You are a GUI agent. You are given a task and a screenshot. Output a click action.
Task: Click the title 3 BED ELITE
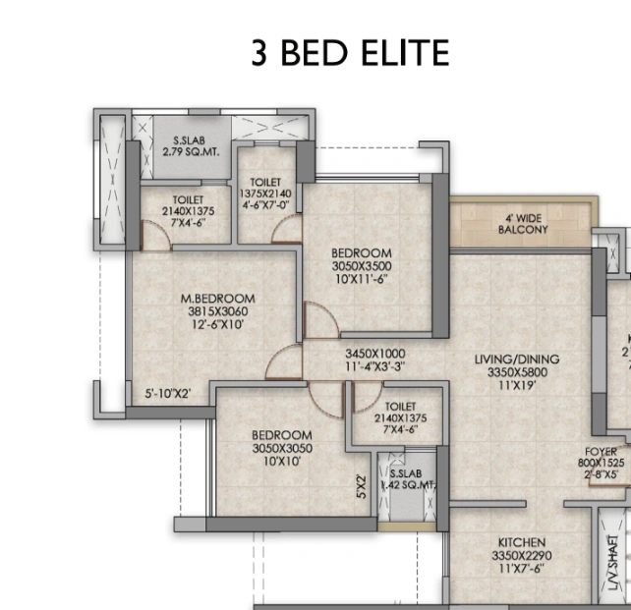coord(350,53)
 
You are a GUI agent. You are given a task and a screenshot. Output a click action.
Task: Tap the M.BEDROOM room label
coord(217,299)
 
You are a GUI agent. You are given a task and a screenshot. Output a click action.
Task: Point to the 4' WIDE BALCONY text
coord(522,224)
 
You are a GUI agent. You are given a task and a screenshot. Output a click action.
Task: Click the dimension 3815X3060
coord(217,311)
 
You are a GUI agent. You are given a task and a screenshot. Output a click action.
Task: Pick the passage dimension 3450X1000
coord(374,354)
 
